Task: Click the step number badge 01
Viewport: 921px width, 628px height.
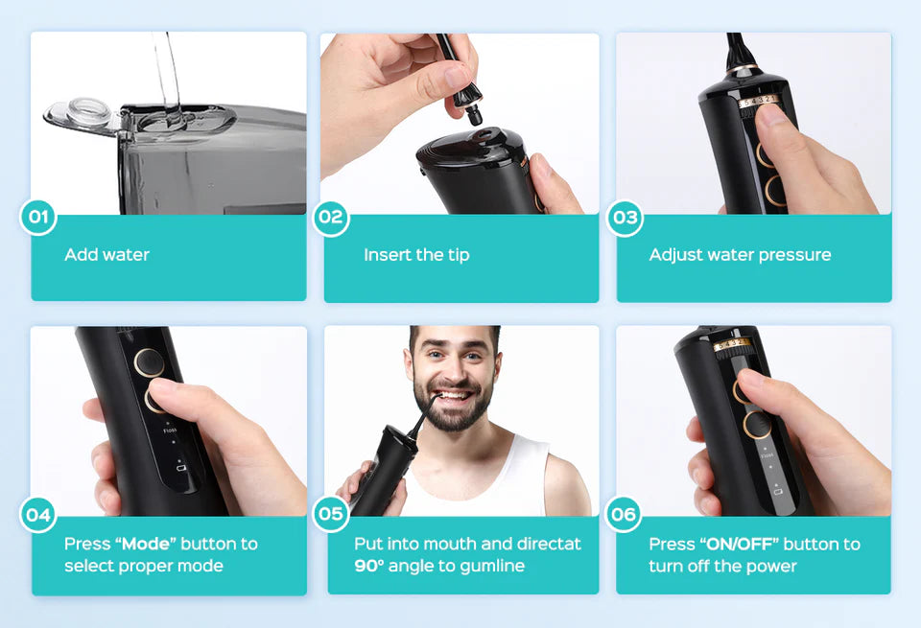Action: [38, 217]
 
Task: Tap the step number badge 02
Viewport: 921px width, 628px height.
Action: [331, 218]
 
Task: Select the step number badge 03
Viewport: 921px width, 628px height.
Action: [625, 218]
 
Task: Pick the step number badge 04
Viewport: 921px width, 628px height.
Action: [38, 515]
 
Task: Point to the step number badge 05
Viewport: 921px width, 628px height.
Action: [331, 514]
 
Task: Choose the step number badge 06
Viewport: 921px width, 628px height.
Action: [624, 514]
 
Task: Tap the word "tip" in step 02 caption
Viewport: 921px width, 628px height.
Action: [459, 255]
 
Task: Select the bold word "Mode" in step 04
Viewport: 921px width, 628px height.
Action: [145, 544]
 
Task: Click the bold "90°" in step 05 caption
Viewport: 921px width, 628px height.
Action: [368, 566]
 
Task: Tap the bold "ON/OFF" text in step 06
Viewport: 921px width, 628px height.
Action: [739, 544]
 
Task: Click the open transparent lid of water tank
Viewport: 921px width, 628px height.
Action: [83, 115]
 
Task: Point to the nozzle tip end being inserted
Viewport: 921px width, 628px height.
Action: [475, 117]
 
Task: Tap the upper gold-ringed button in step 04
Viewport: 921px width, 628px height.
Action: [150, 362]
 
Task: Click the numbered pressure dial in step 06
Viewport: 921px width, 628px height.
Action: [732, 344]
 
